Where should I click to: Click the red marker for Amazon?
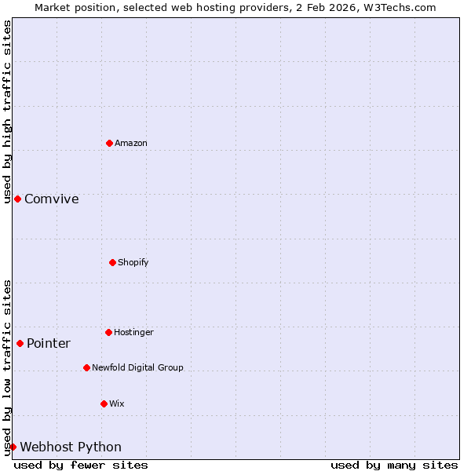pos(109,143)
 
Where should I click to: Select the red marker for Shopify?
pos(112,262)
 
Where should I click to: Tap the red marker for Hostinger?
pos(108,332)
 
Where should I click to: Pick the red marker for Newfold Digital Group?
pos(86,367)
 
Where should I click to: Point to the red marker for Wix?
pos(104,403)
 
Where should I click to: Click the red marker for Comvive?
pos(17,199)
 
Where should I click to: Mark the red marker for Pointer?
pos(20,343)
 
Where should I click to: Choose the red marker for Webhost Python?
pos(13,447)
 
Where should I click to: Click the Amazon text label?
pos(131,143)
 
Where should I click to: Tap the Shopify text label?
pos(133,262)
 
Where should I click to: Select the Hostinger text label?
pos(133,332)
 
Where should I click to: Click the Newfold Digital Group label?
pos(137,367)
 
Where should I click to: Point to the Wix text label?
pos(117,403)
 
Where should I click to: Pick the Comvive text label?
pos(52,199)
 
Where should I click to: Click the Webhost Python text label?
pos(71,447)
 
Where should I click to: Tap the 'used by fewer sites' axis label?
pos(81,465)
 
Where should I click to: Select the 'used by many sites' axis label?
pos(394,465)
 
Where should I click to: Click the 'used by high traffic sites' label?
pos(7,111)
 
